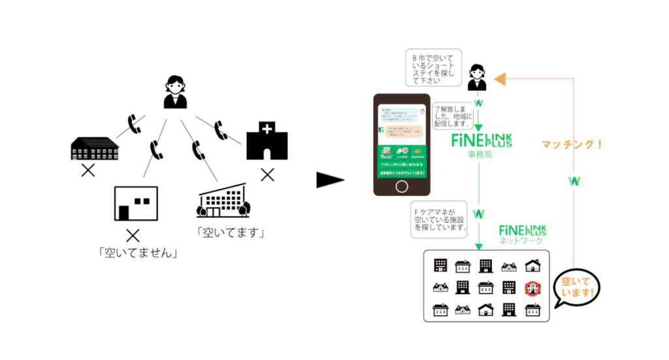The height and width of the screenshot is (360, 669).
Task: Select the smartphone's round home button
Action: tap(402, 186)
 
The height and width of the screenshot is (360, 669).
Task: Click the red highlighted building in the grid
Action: tap(532, 287)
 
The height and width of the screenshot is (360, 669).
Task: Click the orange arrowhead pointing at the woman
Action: tap(500, 79)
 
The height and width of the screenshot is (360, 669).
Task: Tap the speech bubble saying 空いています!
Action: tap(576, 288)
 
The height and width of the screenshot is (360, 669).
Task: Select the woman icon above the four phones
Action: tap(175, 92)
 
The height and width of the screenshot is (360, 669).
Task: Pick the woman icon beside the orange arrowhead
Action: tap(477, 77)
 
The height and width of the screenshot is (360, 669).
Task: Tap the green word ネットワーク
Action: tap(521, 240)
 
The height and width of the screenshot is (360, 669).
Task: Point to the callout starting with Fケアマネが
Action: tap(440, 220)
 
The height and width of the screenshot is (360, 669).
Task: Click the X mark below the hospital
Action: tap(267, 174)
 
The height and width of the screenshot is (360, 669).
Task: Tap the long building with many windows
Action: tap(95, 150)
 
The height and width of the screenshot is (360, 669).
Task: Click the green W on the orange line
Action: tap(574, 181)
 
